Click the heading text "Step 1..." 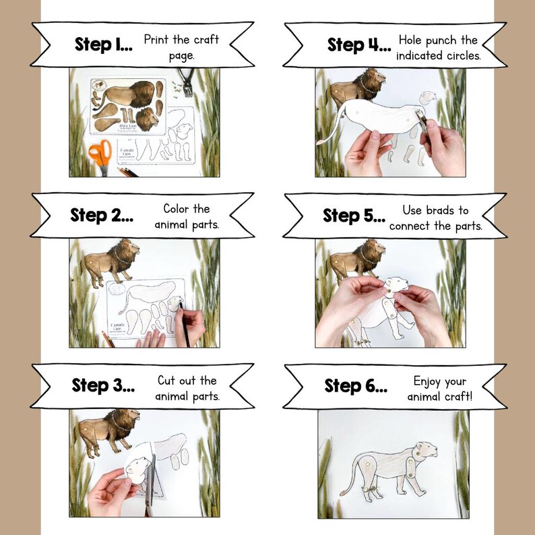click(x=103, y=45)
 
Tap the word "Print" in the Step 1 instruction click(x=156, y=40)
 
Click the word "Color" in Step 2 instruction click(x=177, y=209)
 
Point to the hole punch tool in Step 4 click(x=422, y=119)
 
